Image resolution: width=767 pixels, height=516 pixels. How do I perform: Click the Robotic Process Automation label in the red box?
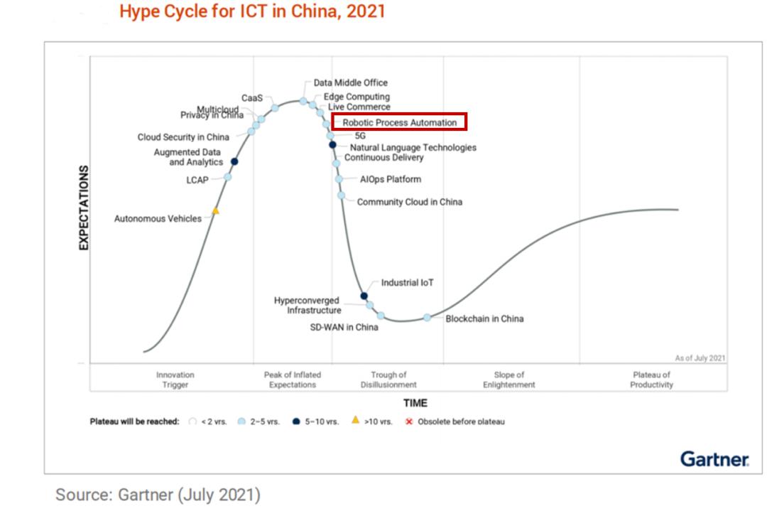point(399,122)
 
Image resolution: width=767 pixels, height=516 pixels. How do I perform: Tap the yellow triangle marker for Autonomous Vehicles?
point(215,211)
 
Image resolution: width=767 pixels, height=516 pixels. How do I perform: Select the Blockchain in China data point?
point(428,318)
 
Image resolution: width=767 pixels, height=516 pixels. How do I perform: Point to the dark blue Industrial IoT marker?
point(364,296)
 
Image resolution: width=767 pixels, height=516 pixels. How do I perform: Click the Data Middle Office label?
point(351,83)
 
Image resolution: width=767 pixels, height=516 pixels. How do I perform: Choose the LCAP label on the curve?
point(197,180)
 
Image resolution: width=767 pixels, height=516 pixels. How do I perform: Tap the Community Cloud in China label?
point(409,202)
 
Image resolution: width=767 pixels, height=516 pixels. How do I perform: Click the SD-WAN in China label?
point(344,328)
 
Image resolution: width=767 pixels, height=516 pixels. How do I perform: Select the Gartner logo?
point(714,459)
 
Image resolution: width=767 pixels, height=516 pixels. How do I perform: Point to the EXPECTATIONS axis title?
point(84,208)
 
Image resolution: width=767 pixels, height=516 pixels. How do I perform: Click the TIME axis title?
point(415,403)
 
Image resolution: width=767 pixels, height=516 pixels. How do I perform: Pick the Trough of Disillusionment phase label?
point(388,380)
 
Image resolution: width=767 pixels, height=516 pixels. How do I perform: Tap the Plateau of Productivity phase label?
point(651,380)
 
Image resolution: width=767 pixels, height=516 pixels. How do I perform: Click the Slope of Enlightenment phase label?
point(508,380)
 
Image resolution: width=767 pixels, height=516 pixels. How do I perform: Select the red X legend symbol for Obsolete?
point(409,421)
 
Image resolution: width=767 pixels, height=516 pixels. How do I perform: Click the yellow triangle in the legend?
point(355,420)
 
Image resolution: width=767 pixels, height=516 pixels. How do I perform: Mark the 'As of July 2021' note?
point(700,358)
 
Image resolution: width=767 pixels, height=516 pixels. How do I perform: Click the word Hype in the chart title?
point(138,11)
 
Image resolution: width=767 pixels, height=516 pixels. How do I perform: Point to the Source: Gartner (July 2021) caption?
point(158,495)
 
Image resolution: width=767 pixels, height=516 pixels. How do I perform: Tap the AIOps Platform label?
point(390,179)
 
